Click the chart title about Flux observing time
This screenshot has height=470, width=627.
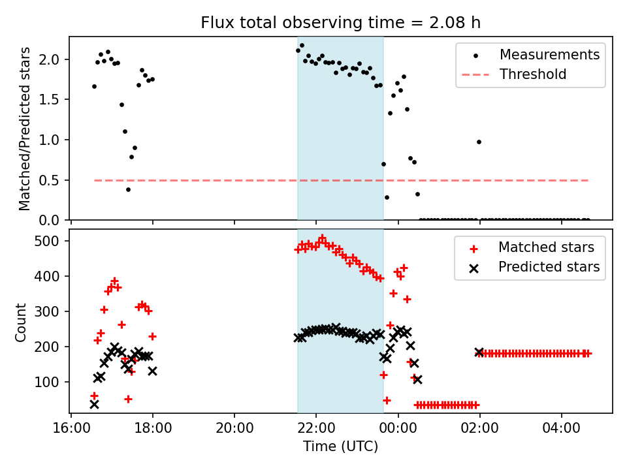click(x=340, y=23)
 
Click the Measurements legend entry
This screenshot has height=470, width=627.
click(x=549, y=55)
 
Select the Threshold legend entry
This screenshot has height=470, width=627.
click(x=533, y=74)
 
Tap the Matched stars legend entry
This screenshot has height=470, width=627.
click(x=546, y=247)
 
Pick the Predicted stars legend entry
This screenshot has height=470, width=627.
click(x=549, y=266)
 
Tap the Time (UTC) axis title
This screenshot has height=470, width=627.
click(x=340, y=447)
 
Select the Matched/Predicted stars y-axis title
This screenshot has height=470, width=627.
click(x=25, y=129)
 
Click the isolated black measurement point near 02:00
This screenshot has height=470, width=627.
click(x=479, y=142)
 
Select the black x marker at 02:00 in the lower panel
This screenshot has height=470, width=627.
click(x=479, y=352)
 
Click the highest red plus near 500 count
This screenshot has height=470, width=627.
click(x=322, y=238)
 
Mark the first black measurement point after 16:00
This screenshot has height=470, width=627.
click(x=94, y=86)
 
